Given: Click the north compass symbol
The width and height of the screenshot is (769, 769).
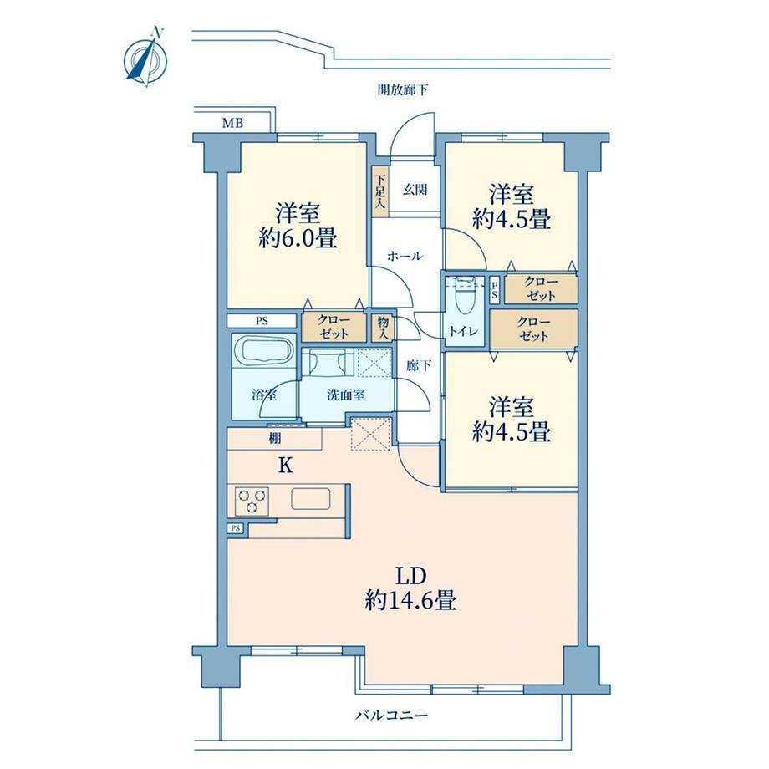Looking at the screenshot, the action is click(146, 59).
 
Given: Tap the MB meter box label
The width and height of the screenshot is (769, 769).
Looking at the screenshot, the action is click(232, 123).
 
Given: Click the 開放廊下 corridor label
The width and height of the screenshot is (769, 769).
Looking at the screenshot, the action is click(403, 90).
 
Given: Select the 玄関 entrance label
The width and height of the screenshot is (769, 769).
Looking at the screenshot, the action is click(415, 189).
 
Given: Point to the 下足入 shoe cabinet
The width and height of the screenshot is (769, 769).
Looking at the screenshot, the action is click(380, 191).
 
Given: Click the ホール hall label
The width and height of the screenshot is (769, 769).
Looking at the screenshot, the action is click(405, 256).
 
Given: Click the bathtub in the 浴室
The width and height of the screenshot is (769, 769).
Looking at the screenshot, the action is click(263, 349).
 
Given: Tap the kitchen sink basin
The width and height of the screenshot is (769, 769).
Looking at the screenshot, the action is click(310, 499).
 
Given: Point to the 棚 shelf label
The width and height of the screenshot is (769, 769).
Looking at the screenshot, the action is click(275, 438).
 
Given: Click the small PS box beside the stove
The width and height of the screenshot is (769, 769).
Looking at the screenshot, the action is click(237, 528).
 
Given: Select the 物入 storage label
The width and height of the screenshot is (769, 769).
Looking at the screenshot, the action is click(383, 327).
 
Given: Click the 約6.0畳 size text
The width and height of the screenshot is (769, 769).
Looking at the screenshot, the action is click(298, 238).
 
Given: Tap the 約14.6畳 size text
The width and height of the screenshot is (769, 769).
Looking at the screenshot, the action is click(410, 600).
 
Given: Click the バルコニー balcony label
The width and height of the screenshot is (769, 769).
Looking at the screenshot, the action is click(391, 716).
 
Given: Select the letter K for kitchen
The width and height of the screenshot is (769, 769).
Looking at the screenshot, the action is click(285, 466).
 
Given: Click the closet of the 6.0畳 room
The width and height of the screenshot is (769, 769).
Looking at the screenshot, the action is click(334, 327).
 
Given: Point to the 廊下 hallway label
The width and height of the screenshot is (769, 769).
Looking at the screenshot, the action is click(418, 365).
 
